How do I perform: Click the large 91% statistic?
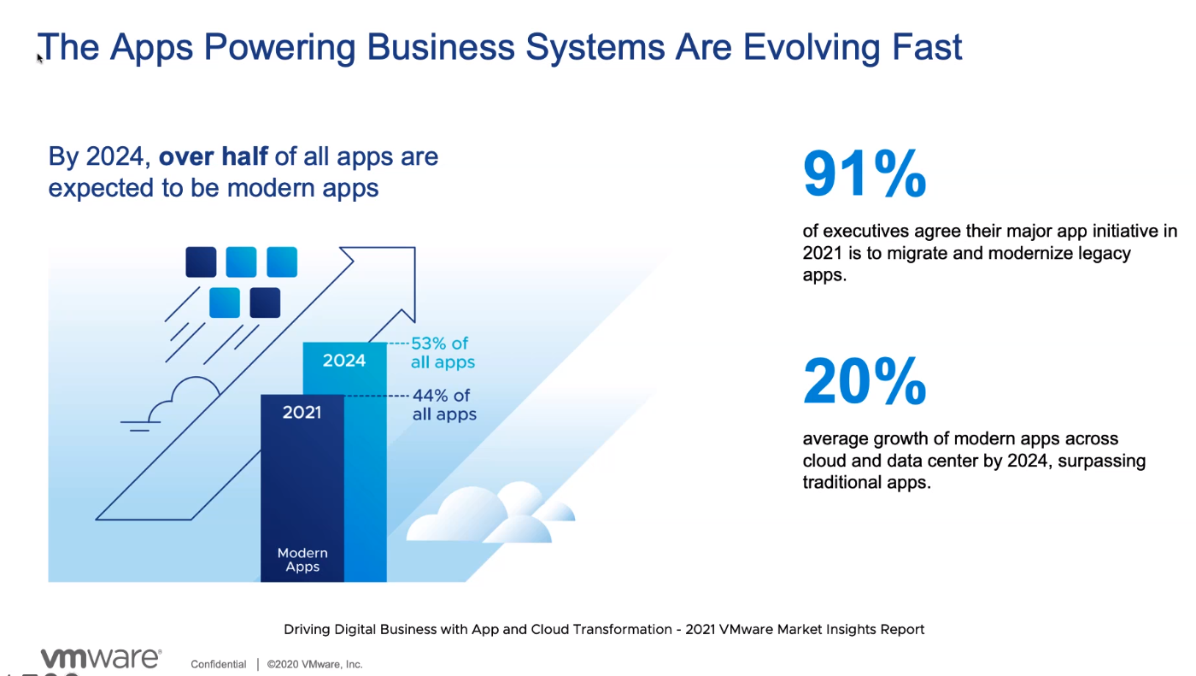pos(865,174)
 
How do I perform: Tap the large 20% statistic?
pos(865,381)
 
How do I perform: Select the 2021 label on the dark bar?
pos(302,413)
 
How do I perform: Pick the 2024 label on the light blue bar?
pos(344,361)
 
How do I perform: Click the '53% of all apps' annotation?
pos(442,353)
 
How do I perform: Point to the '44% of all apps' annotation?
pos(443,405)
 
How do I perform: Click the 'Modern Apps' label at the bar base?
pos(302,560)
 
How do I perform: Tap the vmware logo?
pos(101,658)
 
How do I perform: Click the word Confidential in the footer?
pos(218,664)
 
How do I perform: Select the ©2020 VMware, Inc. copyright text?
pos(314,664)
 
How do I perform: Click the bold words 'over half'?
pos(213,157)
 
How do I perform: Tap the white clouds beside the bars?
pos(491,515)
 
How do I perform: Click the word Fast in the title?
pos(926,47)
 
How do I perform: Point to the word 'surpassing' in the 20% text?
pos(1101,461)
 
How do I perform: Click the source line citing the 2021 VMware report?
pos(604,630)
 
